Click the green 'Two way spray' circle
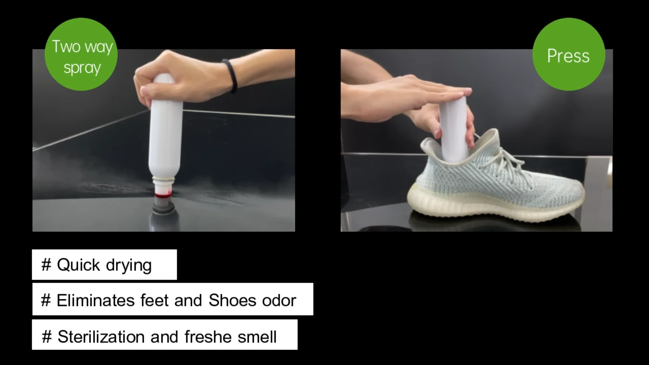point(81,54)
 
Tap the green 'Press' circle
point(569,54)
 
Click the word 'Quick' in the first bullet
point(78,265)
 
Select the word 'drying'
point(129,266)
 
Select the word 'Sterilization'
point(101,337)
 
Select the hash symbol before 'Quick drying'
point(46,265)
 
